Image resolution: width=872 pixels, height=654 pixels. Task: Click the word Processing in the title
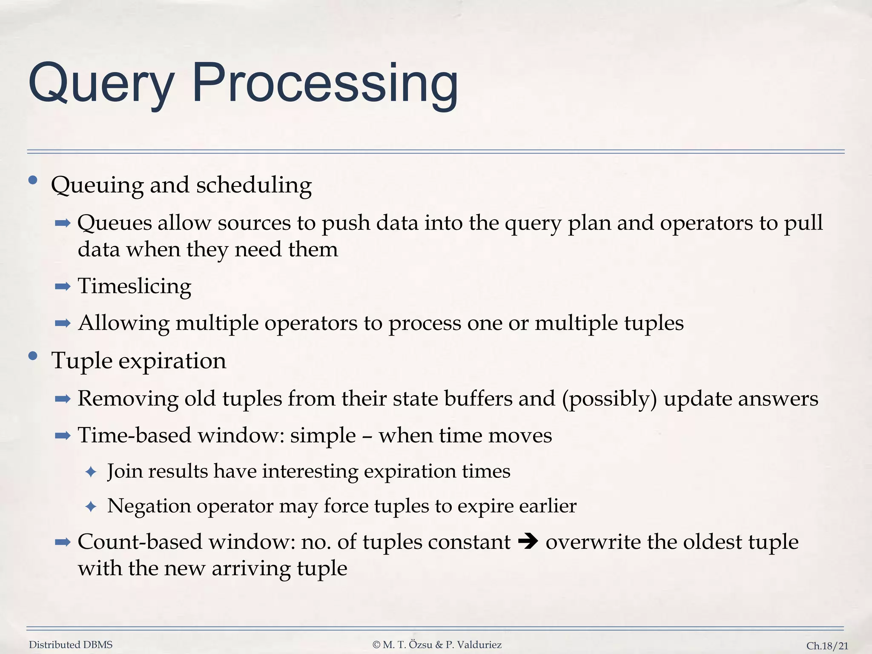coord(325,83)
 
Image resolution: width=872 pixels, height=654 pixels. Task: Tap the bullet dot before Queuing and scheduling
coord(33,180)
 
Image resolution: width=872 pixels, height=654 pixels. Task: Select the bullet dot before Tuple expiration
coord(33,356)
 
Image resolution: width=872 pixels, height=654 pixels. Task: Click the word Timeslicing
coord(135,286)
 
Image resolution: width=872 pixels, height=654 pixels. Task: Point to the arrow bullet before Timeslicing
coord(63,286)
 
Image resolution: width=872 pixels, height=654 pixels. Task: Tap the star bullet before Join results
coord(91,472)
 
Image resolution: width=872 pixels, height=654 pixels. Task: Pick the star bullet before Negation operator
coord(91,507)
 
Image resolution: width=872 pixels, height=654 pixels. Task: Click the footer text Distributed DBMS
coord(71,645)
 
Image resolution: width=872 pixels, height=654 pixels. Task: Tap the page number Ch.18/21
coord(827,645)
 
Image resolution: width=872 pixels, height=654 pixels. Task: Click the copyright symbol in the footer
coord(376,645)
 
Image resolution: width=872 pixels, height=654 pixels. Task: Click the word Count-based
coord(143,542)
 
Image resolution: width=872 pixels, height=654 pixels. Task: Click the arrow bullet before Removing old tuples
coord(63,399)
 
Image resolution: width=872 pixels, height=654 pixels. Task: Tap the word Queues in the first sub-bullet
coord(115,223)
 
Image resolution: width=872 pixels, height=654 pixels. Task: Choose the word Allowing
coord(124,323)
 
